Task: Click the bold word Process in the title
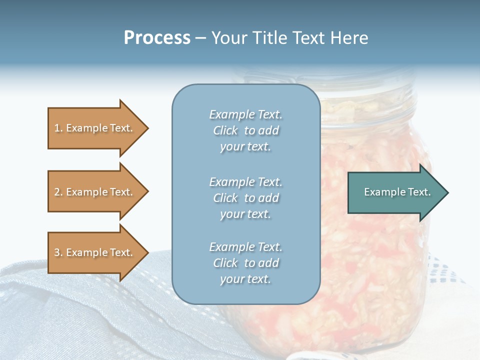point(157,38)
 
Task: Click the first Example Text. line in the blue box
point(245,114)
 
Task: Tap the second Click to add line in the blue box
point(245,198)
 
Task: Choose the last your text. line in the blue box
point(245,279)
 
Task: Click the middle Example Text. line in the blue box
point(245,182)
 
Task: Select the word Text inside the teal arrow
point(419,192)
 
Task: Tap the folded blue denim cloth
point(75,310)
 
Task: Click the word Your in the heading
point(229,38)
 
